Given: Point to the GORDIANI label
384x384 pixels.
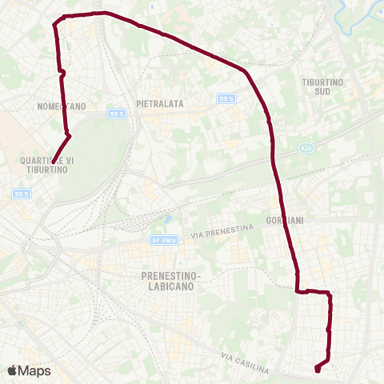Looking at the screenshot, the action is tap(285, 218).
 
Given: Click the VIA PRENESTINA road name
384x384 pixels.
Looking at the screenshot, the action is tap(222, 231).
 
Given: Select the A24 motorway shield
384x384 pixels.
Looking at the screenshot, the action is tap(305, 148).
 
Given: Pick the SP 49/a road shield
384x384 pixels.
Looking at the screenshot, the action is tap(162, 239).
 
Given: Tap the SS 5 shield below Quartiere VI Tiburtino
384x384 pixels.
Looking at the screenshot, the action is tap(21, 193).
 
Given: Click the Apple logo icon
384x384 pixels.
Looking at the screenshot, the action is tap(12, 370).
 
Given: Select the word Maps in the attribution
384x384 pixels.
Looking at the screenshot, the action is tap(34, 370).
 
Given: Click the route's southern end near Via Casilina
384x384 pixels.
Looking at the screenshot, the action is tap(318, 369).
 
